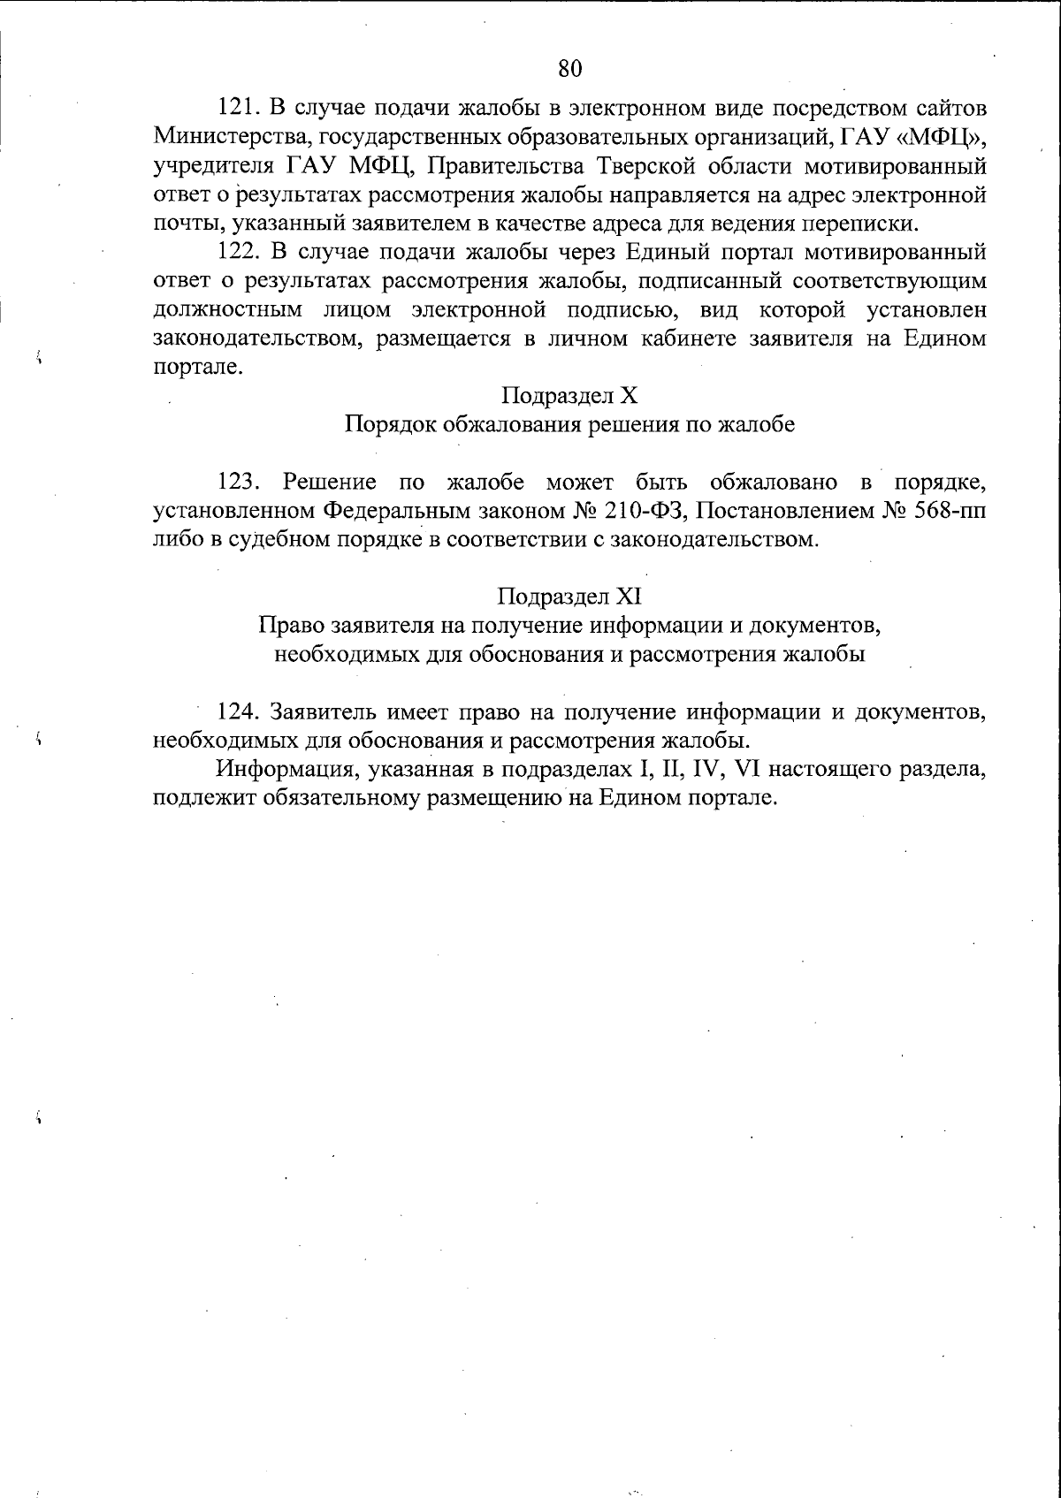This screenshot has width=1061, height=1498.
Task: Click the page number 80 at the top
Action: pyautogui.click(x=569, y=68)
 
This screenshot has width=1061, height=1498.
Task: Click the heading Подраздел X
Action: pyautogui.click(x=569, y=396)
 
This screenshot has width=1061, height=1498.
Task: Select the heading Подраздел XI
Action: pyautogui.click(x=569, y=597)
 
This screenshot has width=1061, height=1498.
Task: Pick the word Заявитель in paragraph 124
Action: pyautogui.click(x=317, y=711)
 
